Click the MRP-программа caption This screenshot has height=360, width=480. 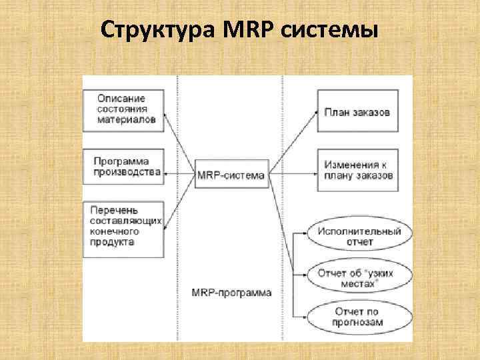[x=231, y=293]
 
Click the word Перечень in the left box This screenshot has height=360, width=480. [x=111, y=209]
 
